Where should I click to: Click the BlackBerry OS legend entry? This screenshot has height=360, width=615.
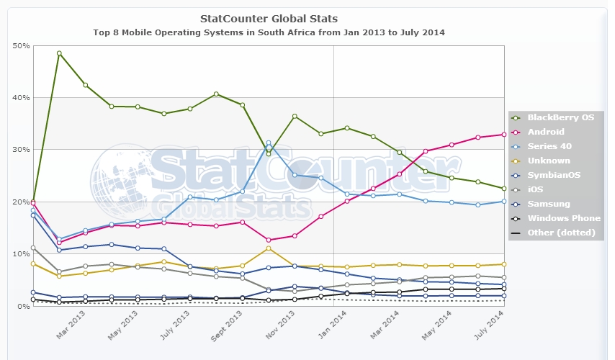pyautogui.click(x=560, y=117)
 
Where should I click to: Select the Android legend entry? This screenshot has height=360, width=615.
pyautogui.click(x=545, y=132)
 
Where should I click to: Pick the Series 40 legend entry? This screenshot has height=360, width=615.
pyautogui.click(x=548, y=146)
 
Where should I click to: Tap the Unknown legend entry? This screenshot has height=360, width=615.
pyautogui.click(x=548, y=161)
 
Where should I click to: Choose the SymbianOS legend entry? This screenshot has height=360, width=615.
pyautogui.click(x=552, y=175)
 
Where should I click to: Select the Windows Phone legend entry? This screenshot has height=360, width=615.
pyautogui.click(x=563, y=218)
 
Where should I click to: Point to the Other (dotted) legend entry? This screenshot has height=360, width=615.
pyautogui.click(x=561, y=233)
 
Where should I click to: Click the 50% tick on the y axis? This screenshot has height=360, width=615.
pyautogui.click(x=21, y=46)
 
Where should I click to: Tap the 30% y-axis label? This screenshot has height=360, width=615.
pyautogui.click(x=21, y=150)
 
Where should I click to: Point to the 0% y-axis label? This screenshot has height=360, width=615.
pyautogui.click(x=23, y=306)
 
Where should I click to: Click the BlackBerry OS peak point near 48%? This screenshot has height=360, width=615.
pyautogui.click(x=59, y=53)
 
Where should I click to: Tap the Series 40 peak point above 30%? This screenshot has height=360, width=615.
pyautogui.click(x=269, y=143)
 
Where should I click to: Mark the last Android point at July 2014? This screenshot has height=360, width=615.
pyautogui.click(x=503, y=135)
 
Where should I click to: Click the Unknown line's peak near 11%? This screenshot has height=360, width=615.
pyautogui.click(x=269, y=248)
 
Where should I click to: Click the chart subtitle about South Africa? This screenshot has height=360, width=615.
pyautogui.click(x=269, y=32)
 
